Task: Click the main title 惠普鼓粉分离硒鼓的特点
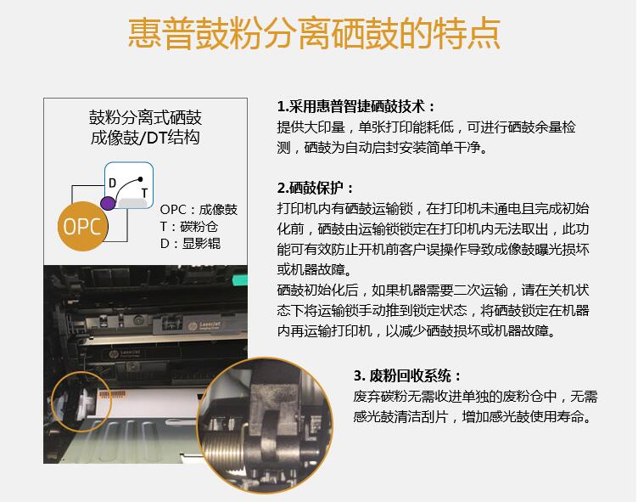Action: [x=314, y=34]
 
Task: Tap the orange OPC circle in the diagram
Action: [x=82, y=226]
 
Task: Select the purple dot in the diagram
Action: [x=108, y=203]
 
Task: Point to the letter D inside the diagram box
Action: [x=112, y=183]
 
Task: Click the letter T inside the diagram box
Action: [x=144, y=193]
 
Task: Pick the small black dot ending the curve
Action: [x=140, y=179]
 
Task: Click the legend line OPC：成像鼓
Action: [x=199, y=210]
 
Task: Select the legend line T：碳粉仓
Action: [x=189, y=227]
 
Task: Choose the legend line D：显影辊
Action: [x=190, y=244]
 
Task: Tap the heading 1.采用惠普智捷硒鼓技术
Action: [x=356, y=106]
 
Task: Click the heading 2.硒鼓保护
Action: [x=316, y=188]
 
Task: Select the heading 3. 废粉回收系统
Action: [x=408, y=375]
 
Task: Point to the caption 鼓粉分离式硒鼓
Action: [x=145, y=117]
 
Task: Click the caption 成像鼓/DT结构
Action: [x=145, y=138]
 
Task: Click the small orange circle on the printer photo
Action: [x=81, y=401]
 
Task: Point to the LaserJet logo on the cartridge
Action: [x=205, y=325]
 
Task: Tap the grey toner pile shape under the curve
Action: [x=132, y=202]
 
